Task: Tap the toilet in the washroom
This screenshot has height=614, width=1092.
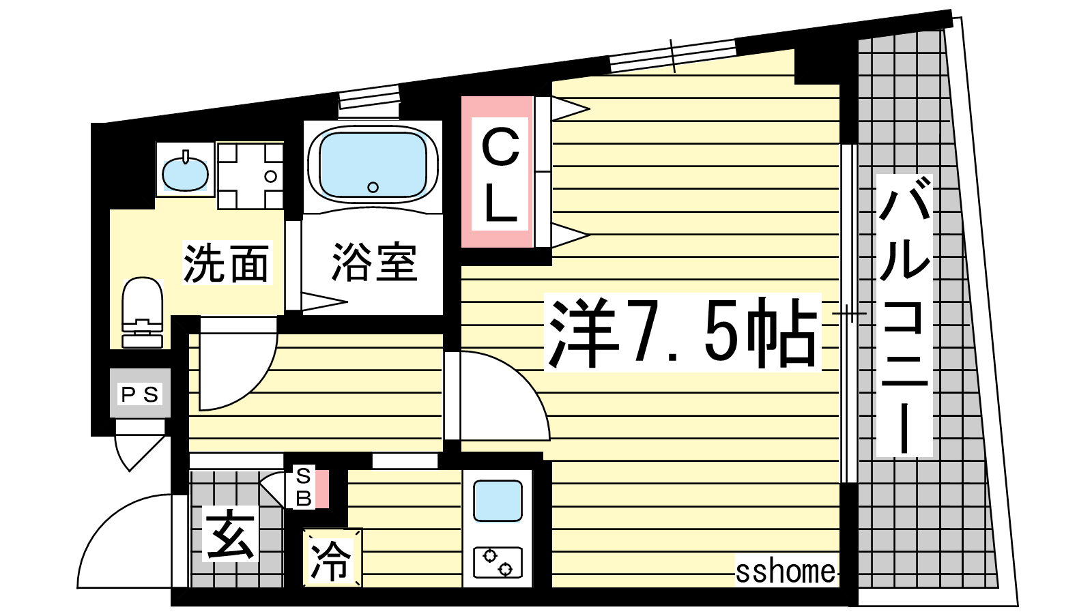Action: point(142,312)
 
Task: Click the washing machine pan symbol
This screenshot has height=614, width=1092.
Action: point(250,175)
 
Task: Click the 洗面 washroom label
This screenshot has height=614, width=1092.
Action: point(226,263)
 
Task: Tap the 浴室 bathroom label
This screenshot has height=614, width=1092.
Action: point(374,262)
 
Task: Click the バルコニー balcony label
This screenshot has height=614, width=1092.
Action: point(904,315)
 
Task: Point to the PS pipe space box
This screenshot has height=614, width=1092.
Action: point(140,393)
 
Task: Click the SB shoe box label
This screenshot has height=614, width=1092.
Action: point(304,487)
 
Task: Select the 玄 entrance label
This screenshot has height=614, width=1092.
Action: point(230,533)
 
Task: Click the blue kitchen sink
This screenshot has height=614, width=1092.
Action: point(498,501)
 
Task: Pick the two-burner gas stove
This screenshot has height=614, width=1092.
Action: point(498,563)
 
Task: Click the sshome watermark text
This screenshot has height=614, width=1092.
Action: point(786,572)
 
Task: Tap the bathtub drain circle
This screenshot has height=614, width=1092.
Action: point(373,187)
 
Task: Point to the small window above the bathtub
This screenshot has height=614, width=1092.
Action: point(369,96)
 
